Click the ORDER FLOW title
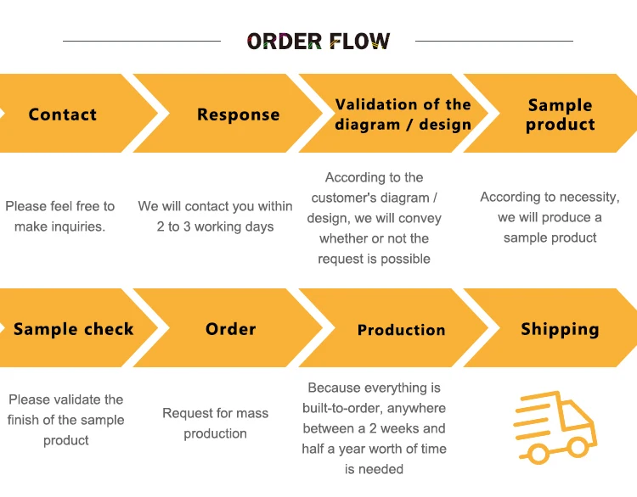pyautogui.click(x=318, y=42)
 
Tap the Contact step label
pyautogui.click(x=63, y=114)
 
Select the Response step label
pyautogui.click(x=238, y=114)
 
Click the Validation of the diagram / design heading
pyautogui.click(x=403, y=114)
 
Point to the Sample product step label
pyautogui.click(x=560, y=114)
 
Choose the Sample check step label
pyautogui.click(x=74, y=329)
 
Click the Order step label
pyautogui.click(x=230, y=329)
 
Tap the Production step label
pyautogui.click(x=401, y=330)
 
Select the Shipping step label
pyautogui.click(x=560, y=329)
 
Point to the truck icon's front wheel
pyautogui.click(x=578, y=447)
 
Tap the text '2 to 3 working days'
pyautogui.click(x=215, y=226)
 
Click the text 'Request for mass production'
pyautogui.click(x=215, y=423)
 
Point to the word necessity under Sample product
pyautogui.click(x=586, y=197)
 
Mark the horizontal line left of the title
pyautogui.click(x=142, y=41)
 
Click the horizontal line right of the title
pyautogui.click(x=493, y=41)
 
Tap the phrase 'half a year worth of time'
pyautogui.click(x=374, y=449)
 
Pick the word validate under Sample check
pyautogui.click(x=76, y=399)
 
